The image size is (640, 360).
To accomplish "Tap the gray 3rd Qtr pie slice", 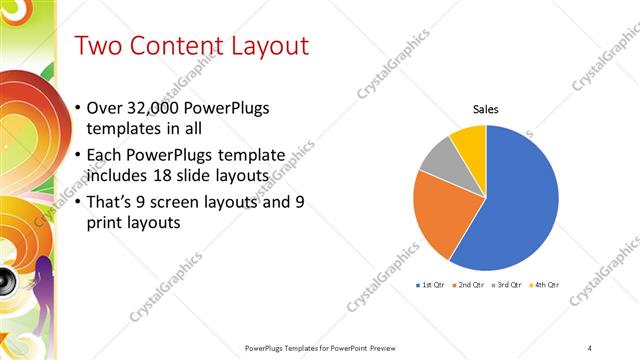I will pos(441,161).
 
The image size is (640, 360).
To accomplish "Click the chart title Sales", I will pos(486,109).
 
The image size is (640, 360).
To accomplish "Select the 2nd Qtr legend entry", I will pos(469,285).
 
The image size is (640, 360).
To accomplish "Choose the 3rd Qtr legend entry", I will pos(506,285).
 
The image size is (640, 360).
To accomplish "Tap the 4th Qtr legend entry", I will pos(543,285).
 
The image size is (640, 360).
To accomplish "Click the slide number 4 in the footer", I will pos(590,348).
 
